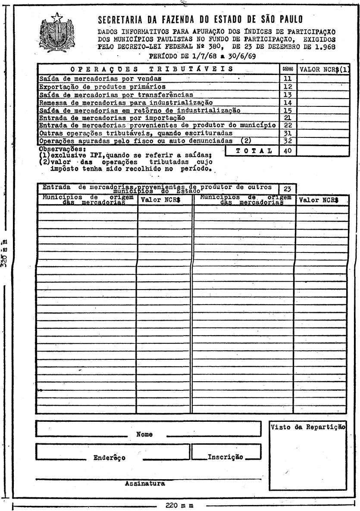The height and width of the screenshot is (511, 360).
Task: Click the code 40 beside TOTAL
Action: pyautogui.click(x=287, y=150)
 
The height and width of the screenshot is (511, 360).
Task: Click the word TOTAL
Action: pyautogui.click(x=251, y=150)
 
